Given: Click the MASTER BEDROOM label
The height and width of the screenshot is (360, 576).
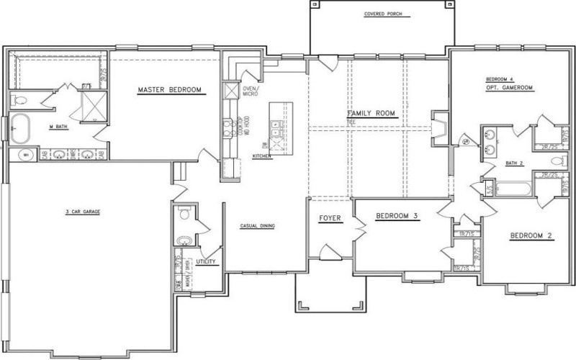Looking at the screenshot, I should [169, 91].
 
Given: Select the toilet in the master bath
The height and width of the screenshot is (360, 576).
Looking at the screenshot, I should [19, 99].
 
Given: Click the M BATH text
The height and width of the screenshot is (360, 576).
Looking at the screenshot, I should [58, 127].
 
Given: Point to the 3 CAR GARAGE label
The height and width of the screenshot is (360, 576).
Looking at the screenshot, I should [81, 212].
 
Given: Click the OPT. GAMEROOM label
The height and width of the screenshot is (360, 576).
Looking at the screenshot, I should [508, 86].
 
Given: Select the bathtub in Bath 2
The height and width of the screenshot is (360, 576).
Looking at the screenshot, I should [513, 189].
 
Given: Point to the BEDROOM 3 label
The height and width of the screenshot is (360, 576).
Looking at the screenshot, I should [397, 216].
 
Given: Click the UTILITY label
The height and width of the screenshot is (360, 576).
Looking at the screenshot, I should [206, 261].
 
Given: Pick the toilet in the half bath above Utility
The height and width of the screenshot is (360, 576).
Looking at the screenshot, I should [184, 214].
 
